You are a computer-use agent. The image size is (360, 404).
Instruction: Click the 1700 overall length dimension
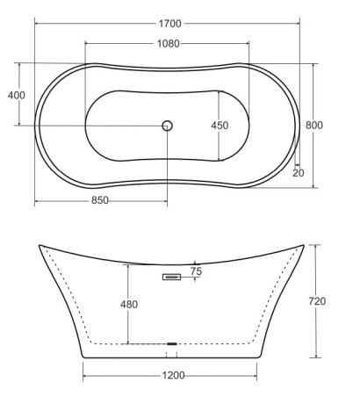[x=170, y=24]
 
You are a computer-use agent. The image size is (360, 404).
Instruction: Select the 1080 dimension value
[x=169, y=44]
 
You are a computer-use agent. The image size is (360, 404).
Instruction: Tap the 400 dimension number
[x=17, y=95]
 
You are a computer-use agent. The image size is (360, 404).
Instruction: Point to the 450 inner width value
[x=220, y=126]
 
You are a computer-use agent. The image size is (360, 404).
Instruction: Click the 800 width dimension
[x=314, y=126]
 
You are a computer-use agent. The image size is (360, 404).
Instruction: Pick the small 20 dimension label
[x=299, y=173]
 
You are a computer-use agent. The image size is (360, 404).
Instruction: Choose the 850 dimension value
[x=100, y=200]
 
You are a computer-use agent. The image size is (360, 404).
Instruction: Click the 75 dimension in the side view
[x=196, y=271]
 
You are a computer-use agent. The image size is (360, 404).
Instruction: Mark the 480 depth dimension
[x=129, y=305]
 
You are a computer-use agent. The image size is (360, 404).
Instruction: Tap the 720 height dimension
[x=317, y=301]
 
